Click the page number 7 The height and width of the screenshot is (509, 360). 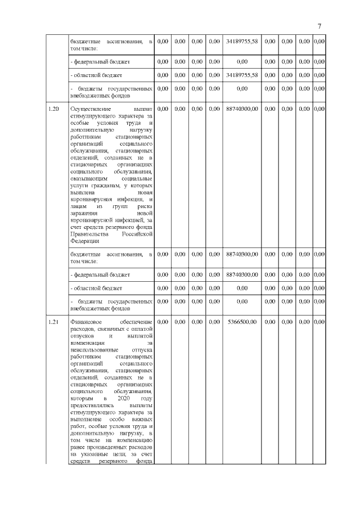point(319,26)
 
